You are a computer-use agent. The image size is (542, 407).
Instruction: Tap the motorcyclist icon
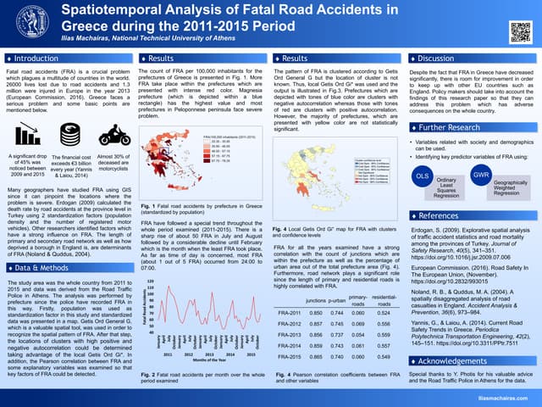pyautogui.click(x=114, y=136)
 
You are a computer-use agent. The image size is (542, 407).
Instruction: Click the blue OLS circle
pyautogui.click(x=420, y=175)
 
